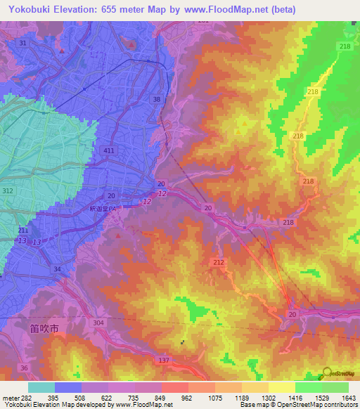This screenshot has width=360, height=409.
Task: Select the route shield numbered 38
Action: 156,100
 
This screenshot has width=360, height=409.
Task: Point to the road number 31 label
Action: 23,44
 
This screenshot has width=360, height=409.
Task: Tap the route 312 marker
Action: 7,191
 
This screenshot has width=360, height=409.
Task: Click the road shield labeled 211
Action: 23,231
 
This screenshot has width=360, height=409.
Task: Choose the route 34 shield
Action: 56,268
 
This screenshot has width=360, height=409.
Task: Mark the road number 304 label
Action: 98,322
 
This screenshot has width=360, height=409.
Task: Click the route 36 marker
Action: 25,368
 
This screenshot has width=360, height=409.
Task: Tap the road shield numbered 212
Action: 218,262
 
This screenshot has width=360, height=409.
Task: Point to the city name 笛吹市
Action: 46,327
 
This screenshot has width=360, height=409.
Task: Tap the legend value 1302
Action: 269,398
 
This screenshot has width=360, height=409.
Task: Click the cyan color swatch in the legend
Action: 41,387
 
